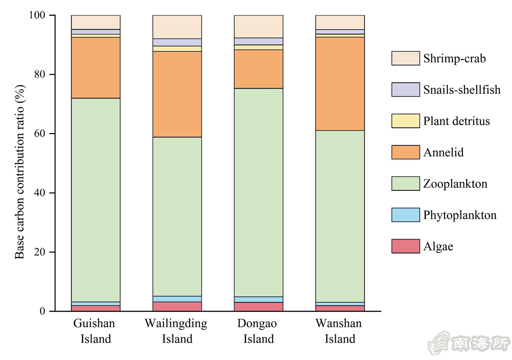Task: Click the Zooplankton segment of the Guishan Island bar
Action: click(96, 200)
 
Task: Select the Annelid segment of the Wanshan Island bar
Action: click(340, 84)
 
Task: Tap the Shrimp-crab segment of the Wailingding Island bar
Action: click(177, 27)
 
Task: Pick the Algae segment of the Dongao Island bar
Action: click(258, 307)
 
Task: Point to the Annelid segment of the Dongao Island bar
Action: click(258, 69)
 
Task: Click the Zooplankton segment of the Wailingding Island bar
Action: click(177, 216)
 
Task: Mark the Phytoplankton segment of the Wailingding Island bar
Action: click(177, 299)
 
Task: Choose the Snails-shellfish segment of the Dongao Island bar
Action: click(258, 41)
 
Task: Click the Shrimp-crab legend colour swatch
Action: click(406, 58)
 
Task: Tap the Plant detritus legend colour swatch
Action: click(406, 121)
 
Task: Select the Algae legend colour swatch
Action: click(406, 246)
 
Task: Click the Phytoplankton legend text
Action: click(460, 215)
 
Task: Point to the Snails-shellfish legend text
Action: click(462, 90)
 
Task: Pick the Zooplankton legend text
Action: click(455, 184)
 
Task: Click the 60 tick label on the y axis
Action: click(40, 134)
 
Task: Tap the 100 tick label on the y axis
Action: click(37, 15)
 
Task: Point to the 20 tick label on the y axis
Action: click(40, 252)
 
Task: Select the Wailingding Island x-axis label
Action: click(176, 331)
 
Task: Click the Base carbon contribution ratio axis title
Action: click(20, 172)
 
